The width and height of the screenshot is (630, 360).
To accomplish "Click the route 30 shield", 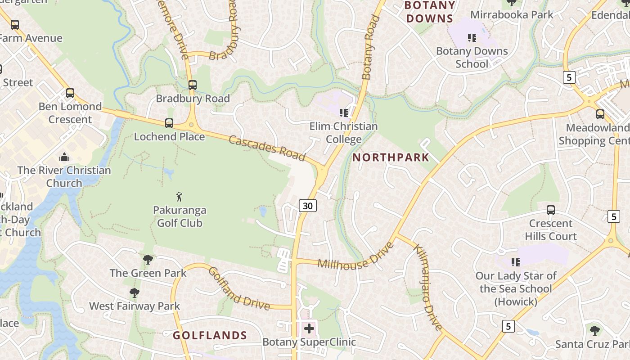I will click(x=308, y=206).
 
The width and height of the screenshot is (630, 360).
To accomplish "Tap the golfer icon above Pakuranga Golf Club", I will click(x=180, y=197).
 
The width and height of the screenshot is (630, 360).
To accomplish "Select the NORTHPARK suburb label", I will click(x=391, y=157).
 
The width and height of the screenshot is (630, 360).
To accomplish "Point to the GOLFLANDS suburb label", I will click(x=210, y=335).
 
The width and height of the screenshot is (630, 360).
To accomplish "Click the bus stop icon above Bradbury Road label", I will click(x=193, y=85).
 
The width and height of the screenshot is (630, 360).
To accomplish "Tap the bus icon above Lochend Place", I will click(x=169, y=123).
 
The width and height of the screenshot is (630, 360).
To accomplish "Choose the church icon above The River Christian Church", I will click(x=64, y=157).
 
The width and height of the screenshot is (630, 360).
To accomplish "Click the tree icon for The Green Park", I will click(x=148, y=260).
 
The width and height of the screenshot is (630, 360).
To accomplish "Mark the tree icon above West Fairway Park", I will click(x=134, y=293).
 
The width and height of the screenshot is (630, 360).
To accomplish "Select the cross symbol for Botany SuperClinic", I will click(x=309, y=328).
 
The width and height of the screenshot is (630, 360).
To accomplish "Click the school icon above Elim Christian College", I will click(x=344, y=112).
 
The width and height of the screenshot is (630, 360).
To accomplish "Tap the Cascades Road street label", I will click(x=267, y=148).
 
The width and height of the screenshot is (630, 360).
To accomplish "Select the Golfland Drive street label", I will click(x=239, y=288).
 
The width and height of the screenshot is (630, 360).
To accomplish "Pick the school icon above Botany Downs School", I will click(x=472, y=37).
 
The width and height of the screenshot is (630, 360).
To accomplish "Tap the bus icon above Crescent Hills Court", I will click(x=550, y=210).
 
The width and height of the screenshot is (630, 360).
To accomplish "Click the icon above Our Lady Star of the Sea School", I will click(x=516, y=262).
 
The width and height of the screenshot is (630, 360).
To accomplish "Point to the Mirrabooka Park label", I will click(x=512, y=14).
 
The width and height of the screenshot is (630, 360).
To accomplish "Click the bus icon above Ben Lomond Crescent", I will click(x=70, y=93).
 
